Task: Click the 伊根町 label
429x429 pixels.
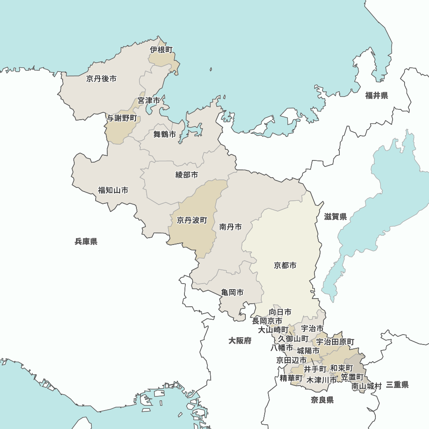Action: tap(161, 50)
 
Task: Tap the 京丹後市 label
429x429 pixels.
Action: tap(101, 79)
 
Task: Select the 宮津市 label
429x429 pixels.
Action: tap(149, 100)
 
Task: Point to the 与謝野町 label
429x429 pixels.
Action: tap(122, 118)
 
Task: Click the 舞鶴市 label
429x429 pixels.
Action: tap(165, 134)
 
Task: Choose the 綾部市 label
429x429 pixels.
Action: tap(187, 175)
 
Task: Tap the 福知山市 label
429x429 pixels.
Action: tap(113, 190)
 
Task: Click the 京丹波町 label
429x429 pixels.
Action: tap(192, 220)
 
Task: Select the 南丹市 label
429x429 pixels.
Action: tap(230, 227)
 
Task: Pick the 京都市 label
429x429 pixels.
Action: tap(285, 266)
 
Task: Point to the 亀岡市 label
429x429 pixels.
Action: tap(233, 292)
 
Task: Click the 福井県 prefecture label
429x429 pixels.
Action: tap(377, 95)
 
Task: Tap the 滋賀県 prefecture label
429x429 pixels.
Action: tap(335, 217)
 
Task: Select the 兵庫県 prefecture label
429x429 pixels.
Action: tap(86, 242)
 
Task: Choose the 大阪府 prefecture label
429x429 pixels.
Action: tap(240, 341)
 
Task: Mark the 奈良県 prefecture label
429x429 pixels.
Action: tap(322, 400)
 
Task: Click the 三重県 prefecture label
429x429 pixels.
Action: tap(397, 385)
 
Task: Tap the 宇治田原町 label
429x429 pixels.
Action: tap(335, 342)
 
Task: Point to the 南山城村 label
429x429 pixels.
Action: tap(367, 386)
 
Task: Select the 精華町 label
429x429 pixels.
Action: tap(291, 378)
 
